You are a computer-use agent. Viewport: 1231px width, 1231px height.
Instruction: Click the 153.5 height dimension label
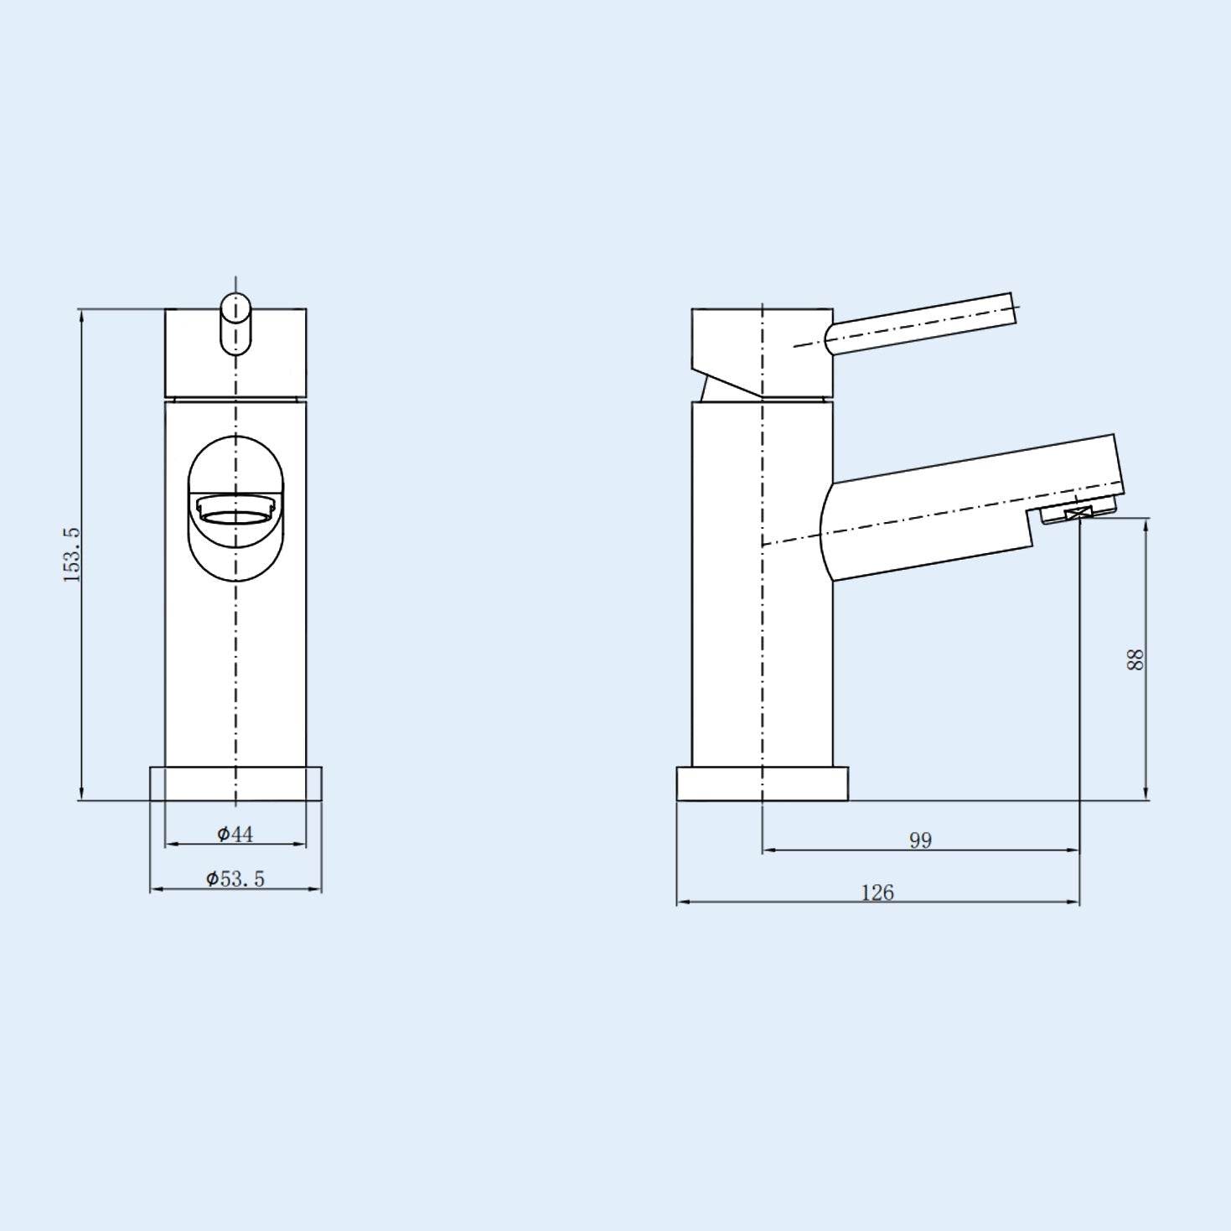(71, 554)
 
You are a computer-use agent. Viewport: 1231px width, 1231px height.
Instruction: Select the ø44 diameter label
(235, 834)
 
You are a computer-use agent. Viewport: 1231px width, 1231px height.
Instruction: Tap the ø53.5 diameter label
(235, 878)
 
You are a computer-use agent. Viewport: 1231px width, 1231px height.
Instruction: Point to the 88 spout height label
(1135, 659)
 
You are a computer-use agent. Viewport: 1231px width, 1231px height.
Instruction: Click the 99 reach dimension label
(920, 840)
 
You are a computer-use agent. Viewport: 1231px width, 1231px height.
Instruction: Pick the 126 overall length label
(877, 892)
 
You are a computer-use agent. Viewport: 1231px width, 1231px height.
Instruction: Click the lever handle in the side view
(922, 323)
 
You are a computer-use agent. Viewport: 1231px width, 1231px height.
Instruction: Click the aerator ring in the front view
(235, 509)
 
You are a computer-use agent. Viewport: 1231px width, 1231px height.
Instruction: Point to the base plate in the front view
(235, 783)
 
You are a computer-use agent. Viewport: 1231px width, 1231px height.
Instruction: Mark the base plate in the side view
(762, 783)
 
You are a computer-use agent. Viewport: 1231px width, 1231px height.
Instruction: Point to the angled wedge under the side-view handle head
(712, 386)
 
